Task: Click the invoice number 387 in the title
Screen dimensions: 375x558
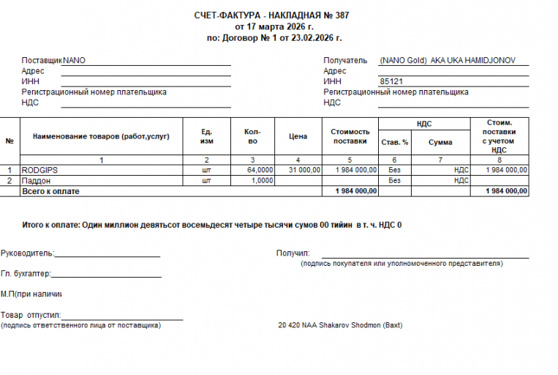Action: (x=342, y=15)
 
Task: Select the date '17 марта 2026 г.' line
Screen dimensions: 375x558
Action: (x=274, y=26)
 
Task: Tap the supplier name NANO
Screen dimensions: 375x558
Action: (x=75, y=61)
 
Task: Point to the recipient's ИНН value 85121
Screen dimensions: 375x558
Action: (x=392, y=82)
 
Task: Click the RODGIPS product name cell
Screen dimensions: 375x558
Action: (x=40, y=170)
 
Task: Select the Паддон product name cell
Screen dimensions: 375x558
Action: (x=36, y=180)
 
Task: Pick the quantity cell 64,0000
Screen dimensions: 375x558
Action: (x=260, y=170)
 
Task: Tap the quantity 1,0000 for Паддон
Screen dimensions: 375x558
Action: (x=263, y=180)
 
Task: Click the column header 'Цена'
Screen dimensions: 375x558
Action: (x=298, y=136)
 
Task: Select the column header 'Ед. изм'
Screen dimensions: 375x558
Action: (x=207, y=136)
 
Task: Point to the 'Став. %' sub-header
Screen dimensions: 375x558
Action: (x=395, y=142)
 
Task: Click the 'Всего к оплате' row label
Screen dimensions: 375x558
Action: (x=51, y=191)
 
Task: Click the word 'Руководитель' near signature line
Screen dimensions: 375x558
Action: (x=27, y=253)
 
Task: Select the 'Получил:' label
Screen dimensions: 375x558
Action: (x=293, y=253)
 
